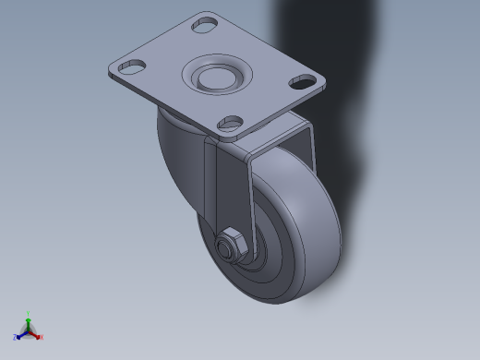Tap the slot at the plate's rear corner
205,25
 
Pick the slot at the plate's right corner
301,80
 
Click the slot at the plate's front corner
230,122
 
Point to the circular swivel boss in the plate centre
216,75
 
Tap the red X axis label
42,337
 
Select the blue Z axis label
16,337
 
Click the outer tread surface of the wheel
323,231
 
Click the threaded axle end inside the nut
225,246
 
